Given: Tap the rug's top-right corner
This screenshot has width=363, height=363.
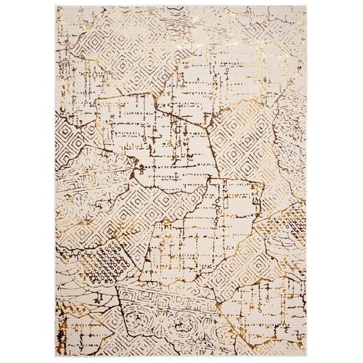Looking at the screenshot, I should (x=309, y=6).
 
